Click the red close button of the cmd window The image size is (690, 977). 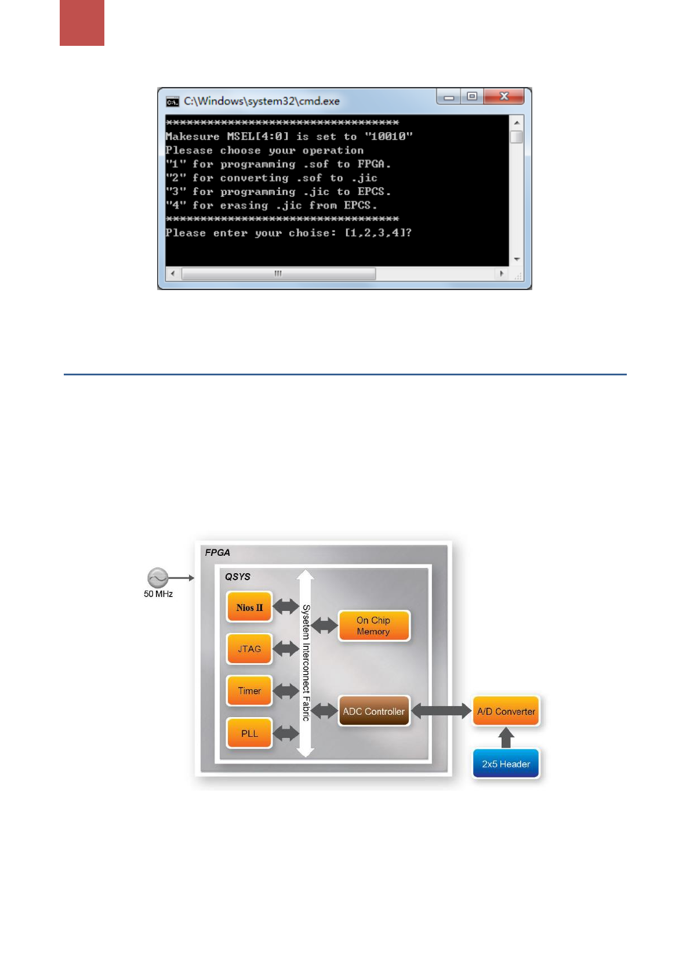click(504, 96)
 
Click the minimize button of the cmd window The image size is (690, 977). click(449, 97)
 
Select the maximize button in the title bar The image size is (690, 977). click(472, 96)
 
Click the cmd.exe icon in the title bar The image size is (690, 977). click(172, 102)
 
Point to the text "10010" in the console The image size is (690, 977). click(388, 136)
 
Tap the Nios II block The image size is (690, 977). click(249, 607)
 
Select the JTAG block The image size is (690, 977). click(249, 649)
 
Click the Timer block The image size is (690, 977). click(249, 691)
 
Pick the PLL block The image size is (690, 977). click(249, 733)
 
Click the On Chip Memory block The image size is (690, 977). click(373, 625)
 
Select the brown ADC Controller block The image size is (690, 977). click(373, 711)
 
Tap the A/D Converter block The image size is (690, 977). click(506, 711)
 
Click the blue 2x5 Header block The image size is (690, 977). click(506, 764)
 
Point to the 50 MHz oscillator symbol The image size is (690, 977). click(158, 578)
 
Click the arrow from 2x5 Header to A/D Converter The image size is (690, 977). click(506, 738)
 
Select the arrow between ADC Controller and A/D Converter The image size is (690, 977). click(441, 711)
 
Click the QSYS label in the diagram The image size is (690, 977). click(238, 577)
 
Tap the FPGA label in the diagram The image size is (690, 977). click(217, 552)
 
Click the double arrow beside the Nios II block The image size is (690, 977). click(286, 607)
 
